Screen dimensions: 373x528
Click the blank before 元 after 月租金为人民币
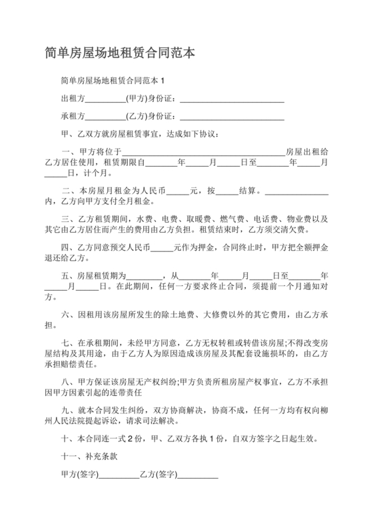(177, 191)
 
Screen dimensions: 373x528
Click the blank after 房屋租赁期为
(144, 275)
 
